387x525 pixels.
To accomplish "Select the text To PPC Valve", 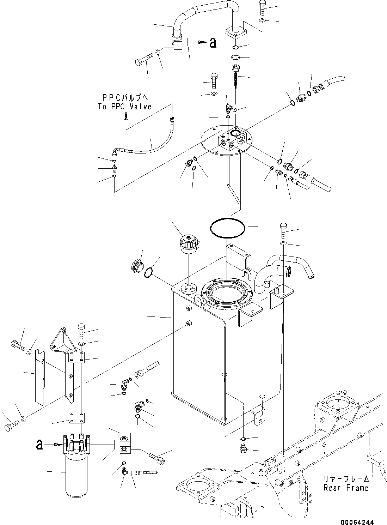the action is coord(125,107).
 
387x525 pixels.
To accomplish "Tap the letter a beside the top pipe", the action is coord(213,43).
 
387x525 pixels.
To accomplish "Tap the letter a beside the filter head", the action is coord(39,445).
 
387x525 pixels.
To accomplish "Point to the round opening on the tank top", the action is coord(227,294).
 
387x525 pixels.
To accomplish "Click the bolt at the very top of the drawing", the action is coord(262,8).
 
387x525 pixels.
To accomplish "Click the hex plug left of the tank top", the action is coord(137,266).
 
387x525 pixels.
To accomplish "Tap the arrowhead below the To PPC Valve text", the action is coord(126,116).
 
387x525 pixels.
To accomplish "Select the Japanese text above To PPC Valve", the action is coord(125,97).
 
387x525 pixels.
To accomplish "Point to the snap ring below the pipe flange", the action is coord(236,57).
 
